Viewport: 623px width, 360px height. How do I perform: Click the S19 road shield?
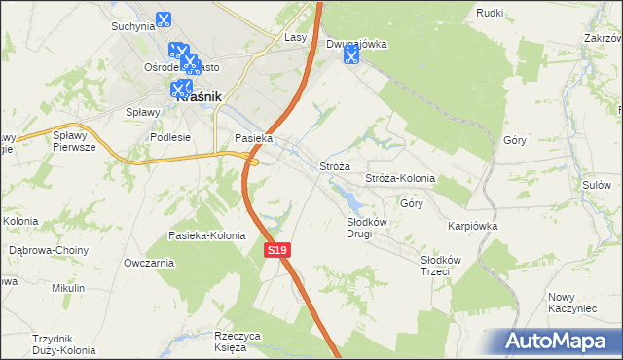coord(277,250)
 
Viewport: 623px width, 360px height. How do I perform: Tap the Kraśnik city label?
coord(199,97)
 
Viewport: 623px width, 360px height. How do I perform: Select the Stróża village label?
coord(335,166)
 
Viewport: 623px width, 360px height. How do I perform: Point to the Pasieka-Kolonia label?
coord(207,236)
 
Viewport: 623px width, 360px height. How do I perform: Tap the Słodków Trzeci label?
coord(448,266)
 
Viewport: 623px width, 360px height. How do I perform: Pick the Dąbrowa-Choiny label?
coord(48,250)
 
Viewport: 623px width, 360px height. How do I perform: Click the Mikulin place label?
coord(69,288)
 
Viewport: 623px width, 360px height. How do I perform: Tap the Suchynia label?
coord(133,26)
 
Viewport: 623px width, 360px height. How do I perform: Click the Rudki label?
coord(489,12)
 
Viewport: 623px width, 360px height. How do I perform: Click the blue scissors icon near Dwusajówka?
coord(350,55)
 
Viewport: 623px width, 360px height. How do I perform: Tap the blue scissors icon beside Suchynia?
coord(163,18)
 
